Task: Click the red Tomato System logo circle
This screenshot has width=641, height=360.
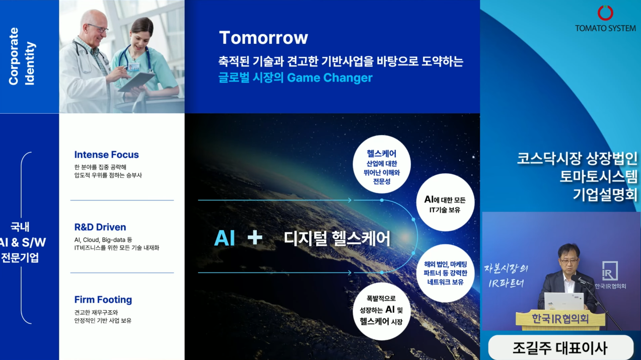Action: tap(605, 13)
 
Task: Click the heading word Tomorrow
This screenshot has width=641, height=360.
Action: tap(263, 38)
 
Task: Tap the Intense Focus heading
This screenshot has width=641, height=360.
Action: tap(106, 155)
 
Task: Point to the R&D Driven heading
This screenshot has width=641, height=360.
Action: tap(100, 227)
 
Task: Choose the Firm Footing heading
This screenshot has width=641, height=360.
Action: tap(103, 300)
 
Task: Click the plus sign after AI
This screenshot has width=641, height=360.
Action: tap(255, 238)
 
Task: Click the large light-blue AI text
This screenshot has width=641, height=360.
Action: tap(225, 238)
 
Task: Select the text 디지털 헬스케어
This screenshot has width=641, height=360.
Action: tap(337, 238)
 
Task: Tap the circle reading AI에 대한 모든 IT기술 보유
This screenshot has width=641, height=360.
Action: tap(445, 204)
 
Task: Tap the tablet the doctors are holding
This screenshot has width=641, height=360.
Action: tap(135, 82)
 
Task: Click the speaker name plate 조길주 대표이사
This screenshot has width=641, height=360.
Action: tap(560, 347)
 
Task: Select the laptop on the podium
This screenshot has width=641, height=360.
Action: tap(563, 301)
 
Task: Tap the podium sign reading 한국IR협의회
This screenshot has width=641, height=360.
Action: tap(560, 319)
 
